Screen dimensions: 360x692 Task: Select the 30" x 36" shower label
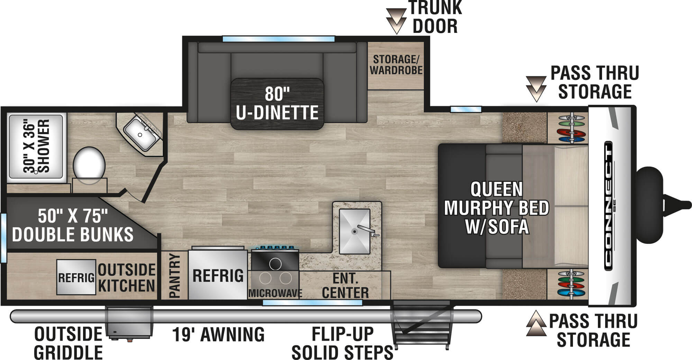click(x=37, y=146)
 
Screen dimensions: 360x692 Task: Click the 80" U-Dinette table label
click(x=277, y=104)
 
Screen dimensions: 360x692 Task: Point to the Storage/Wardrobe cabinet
click(x=396, y=65)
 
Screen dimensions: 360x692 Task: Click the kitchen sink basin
click(x=354, y=231)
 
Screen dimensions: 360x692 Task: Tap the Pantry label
click(x=174, y=276)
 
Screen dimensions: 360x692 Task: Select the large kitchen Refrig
click(x=218, y=276)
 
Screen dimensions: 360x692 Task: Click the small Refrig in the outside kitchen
click(x=76, y=277)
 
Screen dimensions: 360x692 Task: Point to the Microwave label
click(x=275, y=294)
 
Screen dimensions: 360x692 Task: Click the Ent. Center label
click(x=345, y=286)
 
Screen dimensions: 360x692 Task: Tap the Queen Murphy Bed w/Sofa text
click(x=497, y=208)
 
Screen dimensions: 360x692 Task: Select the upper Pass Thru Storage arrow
click(x=536, y=89)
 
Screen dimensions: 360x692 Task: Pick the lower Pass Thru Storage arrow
click(x=536, y=324)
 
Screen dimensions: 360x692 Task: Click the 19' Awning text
click(x=218, y=335)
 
